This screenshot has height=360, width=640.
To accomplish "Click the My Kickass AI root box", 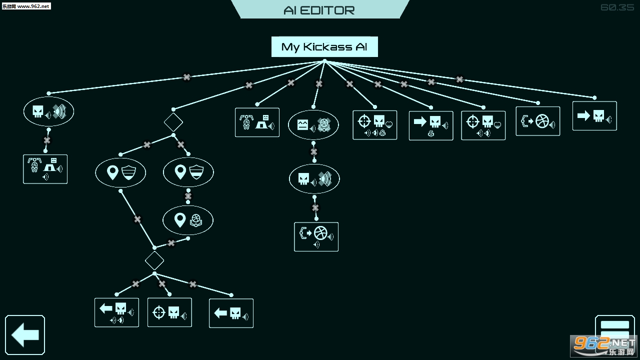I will click(x=324, y=47).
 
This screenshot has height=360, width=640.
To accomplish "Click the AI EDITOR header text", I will click(x=319, y=10).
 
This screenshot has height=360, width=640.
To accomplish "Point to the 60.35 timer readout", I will click(x=617, y=7).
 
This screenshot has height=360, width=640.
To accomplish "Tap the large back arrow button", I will click(x=25, y=335).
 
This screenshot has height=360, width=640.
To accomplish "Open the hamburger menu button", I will click(x=614, y=330).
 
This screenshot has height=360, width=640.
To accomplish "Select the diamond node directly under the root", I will click(x=173, y=121).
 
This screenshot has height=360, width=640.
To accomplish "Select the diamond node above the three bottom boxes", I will click(x=154, y=260).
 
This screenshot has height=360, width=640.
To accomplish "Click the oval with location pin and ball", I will click(x=188, y=220).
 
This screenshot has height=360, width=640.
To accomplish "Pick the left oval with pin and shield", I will click(x=120, y=173).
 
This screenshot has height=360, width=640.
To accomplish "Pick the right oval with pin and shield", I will click(x=188, y=172).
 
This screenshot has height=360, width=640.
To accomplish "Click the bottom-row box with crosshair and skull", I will click(x=169, y=312).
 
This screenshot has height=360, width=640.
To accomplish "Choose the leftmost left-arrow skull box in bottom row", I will click(x=116, y=312).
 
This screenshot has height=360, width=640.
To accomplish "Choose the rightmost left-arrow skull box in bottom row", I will click(x=231, y=313).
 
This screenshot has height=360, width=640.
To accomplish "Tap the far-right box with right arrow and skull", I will click(x=594, y=116).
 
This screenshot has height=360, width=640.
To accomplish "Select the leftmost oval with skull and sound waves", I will click(x=48, y=111).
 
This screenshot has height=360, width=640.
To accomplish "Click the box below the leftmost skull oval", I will click(x=45, y=169).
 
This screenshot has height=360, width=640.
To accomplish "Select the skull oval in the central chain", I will click(x=314, y=179).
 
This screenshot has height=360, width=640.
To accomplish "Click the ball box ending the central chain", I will click(x=316, y=236).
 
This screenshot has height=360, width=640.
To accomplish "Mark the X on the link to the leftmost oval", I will click(x=186, y=77).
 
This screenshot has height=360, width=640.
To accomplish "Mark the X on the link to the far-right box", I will click(x=459, y=79).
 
